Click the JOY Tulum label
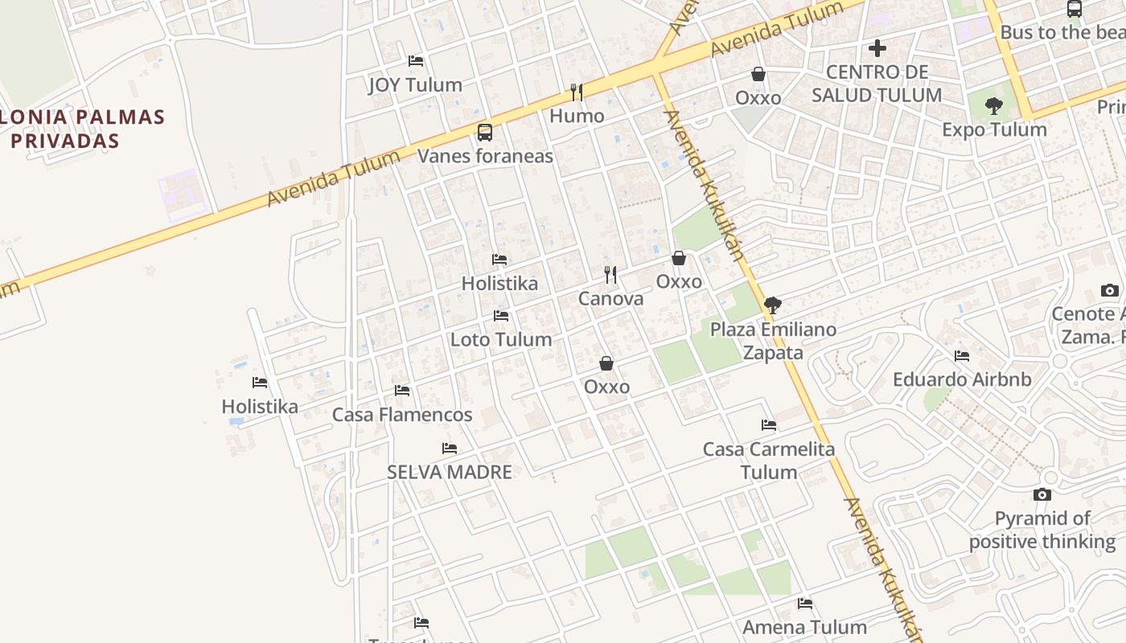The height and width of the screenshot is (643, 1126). click(415, 84)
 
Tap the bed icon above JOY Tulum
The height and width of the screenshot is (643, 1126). click(416, 61)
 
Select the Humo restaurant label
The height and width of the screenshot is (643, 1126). click(577, 116)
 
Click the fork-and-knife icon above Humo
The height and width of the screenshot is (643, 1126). click(577, 92)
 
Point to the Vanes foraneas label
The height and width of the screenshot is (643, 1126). click(485, 155)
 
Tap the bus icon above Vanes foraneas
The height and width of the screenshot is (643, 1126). click(485, 133)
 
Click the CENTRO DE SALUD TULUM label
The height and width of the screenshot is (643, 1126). click(877, 84)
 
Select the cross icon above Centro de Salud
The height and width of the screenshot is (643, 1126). click(877, 48)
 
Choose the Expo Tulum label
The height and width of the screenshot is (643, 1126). click(994, 129)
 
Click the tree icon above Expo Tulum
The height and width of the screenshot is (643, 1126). click(994, 105)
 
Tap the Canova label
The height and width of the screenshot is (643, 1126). click(611, 299)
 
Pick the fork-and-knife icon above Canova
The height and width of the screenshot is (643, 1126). click(611, 275)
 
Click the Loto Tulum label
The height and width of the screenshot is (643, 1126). click(501, 339)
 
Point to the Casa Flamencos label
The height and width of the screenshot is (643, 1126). click(402, 415)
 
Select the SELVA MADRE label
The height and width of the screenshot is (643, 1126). click(450, 472)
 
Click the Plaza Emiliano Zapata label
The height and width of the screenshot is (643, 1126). click(773, 341)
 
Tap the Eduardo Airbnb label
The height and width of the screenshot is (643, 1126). click(962, 379)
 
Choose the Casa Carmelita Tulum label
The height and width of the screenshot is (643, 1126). click(769, 460)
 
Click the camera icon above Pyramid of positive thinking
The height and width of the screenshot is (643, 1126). click(1042, 495)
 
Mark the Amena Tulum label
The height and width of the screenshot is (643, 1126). click(804, 627)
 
